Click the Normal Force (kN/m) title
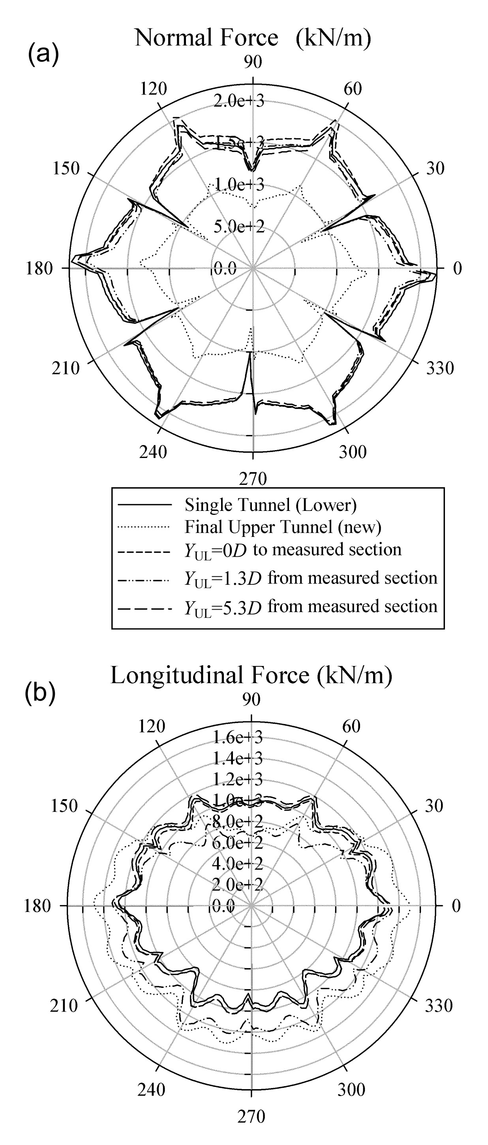point(252,38)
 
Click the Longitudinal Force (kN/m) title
point(251,675)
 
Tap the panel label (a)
point(43,55)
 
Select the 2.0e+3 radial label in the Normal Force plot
point(238,101)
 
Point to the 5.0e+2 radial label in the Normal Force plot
point(238,227)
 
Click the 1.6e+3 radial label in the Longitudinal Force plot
point(237,738)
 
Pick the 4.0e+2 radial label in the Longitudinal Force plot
point(237,863)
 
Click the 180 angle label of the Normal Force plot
point(39,268)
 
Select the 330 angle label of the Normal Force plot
point(440,368)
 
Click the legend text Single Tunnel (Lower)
point(270,505)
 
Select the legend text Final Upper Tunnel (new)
point(283,527)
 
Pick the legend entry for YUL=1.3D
point(311,579)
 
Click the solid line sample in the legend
point(145,505)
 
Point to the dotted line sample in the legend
point(145,527)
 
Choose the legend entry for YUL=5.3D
point(311,607)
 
